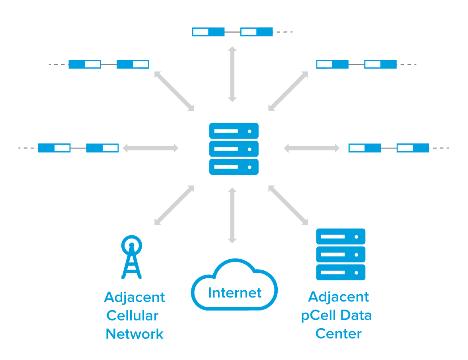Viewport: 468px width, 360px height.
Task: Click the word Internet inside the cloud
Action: click(235, 293)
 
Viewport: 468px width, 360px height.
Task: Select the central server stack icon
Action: click(234, 149)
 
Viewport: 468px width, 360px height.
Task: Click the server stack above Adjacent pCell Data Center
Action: click(341, 254)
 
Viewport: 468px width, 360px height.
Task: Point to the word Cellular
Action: click(133, 315)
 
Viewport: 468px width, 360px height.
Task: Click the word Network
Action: click(135, 334)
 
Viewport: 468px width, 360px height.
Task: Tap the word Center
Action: click(338, 334)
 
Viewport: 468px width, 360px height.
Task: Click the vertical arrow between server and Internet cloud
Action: click(232, 215)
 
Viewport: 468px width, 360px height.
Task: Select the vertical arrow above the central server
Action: click(232, 74)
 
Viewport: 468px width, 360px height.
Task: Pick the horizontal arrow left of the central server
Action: click(151, 148)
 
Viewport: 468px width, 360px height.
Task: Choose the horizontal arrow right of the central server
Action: click(312, 148)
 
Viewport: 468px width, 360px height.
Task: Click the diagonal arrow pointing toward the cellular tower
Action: click(174, 205)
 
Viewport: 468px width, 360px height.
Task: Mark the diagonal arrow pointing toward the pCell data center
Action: click(288, 205)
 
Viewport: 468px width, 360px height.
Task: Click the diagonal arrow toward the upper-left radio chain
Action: click(174, 91)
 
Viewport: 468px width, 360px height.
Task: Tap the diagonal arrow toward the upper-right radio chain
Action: click(288, 91)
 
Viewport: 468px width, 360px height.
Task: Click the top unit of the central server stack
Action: click(234, 131)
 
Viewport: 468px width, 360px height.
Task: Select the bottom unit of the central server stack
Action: click(234, 167)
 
